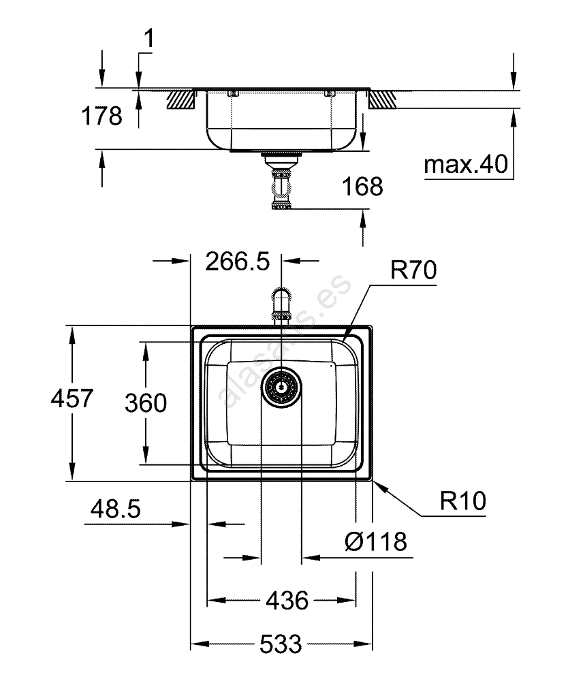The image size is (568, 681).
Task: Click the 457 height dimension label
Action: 72,398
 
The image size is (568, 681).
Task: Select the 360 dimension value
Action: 146,403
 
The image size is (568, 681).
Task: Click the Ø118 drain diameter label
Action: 375,542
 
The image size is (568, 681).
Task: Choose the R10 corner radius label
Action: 462,502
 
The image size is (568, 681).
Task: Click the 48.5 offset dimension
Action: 114,509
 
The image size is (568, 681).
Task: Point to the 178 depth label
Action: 101,116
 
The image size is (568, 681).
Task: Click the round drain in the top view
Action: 281,387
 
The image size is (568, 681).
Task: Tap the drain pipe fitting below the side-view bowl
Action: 281,184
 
